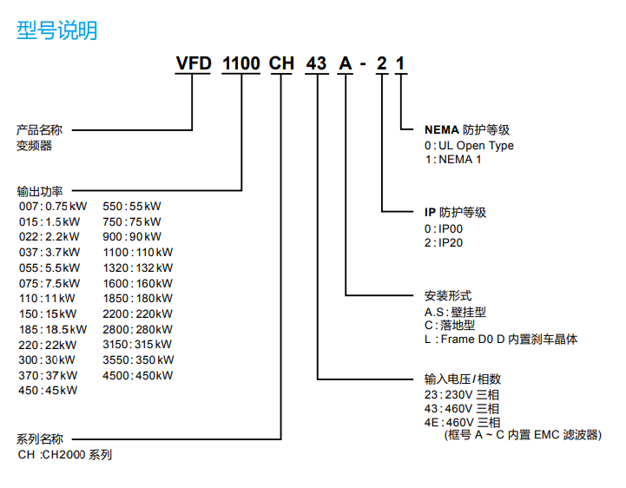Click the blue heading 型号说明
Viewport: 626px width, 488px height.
(56, 30)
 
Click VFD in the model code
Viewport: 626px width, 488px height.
(194, 64)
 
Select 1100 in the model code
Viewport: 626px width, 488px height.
(241, 64)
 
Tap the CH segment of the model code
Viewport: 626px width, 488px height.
(282, 64)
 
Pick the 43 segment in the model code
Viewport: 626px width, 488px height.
(318, 64)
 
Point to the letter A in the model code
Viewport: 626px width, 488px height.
(346, 64)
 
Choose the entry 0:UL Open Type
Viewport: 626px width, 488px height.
(469, 145)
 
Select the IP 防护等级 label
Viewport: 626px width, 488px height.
(454, 212)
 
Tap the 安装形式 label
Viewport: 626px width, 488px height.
(448, 296)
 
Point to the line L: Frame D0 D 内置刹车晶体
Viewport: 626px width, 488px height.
(500, 340)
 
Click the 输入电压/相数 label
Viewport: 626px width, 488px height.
(462, 379)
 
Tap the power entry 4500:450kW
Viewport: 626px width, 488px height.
(137, 375)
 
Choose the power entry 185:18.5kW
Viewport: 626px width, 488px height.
(53, 329)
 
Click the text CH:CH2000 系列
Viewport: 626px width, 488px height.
(64, 454)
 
